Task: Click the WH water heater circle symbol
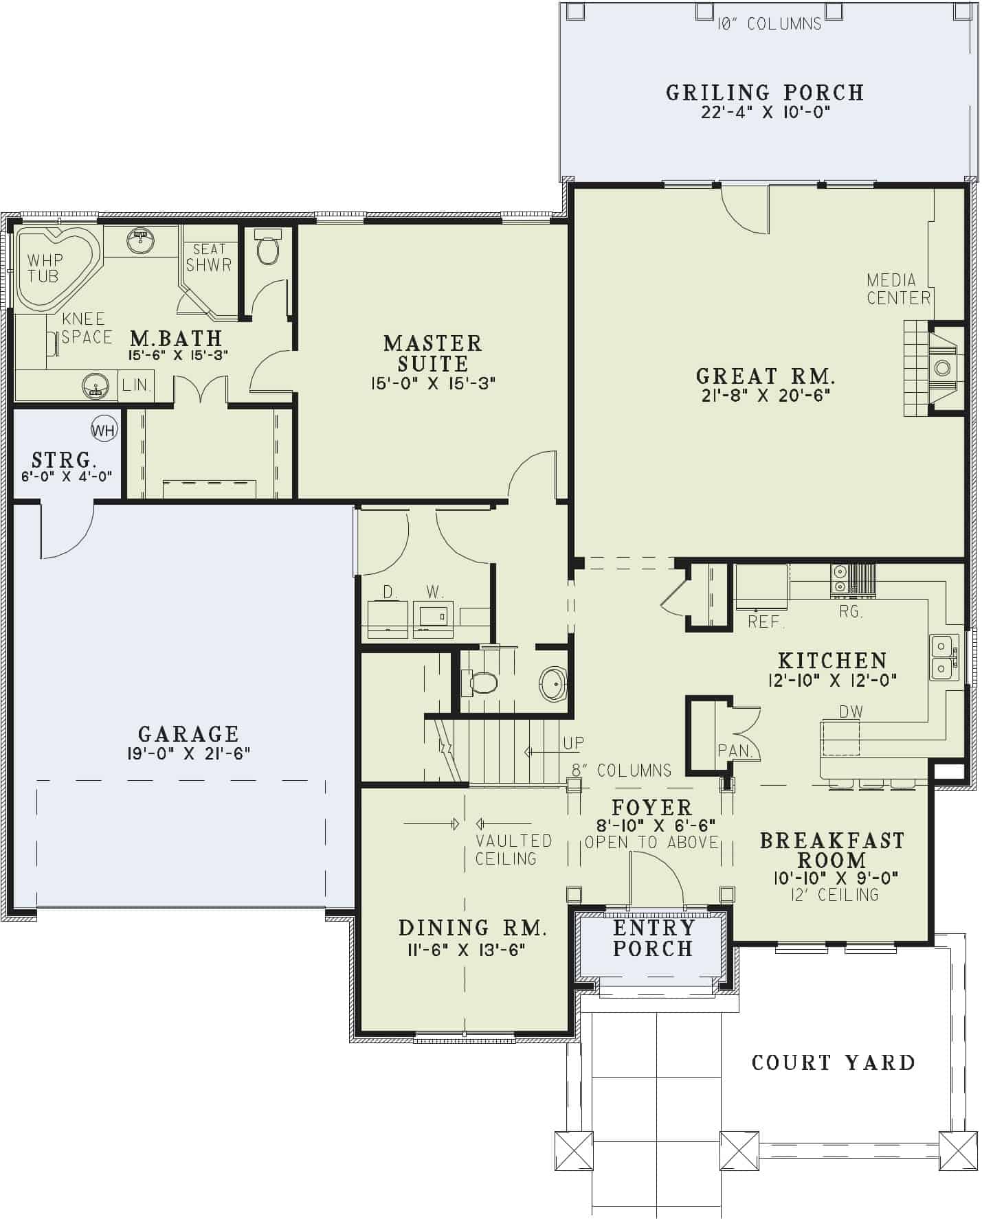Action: click(x=104, y=431)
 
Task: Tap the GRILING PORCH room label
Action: click(x=765, y=93)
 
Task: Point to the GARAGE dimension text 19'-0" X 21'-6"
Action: click(x=188, y=753)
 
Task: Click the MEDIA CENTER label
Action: click(x=898, y=289)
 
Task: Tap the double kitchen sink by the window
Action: click(x=941, y=657)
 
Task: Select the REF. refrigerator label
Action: click(x=766, y=622)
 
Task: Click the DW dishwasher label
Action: click(x=851, y=711)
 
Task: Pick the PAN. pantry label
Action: click(x=735, y=751)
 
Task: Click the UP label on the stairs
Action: click(x=573, y=743)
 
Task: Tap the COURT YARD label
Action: click(x=833, y=1063)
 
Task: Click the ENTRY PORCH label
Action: click(x=652, y=938)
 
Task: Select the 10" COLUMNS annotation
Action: click(x=769, y=24)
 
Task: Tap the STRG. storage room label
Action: click(x=63, y=459)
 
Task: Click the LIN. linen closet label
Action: click(x=136, y=385)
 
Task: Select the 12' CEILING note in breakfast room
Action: click(x=834, y=895)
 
